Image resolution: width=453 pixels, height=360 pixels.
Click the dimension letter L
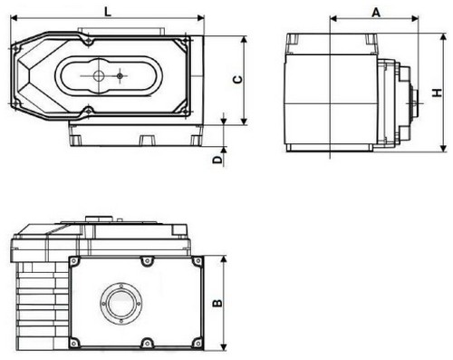[x=108, y=11]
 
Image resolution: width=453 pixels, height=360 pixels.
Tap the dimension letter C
[x=237, y=80]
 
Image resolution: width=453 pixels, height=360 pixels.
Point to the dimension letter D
[x=216, y=159]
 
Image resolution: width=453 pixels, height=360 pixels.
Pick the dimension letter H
[x=435, y=93]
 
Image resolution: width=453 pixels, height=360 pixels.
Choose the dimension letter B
[x=216, y=303]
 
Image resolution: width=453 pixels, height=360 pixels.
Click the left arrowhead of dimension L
[x=12, y=21]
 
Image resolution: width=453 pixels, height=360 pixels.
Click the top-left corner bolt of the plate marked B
[x=76, y=261]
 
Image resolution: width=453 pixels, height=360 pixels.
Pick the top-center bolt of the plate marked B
[x=147, y=261]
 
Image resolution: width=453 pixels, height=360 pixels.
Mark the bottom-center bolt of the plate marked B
[x=147, y=342]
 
